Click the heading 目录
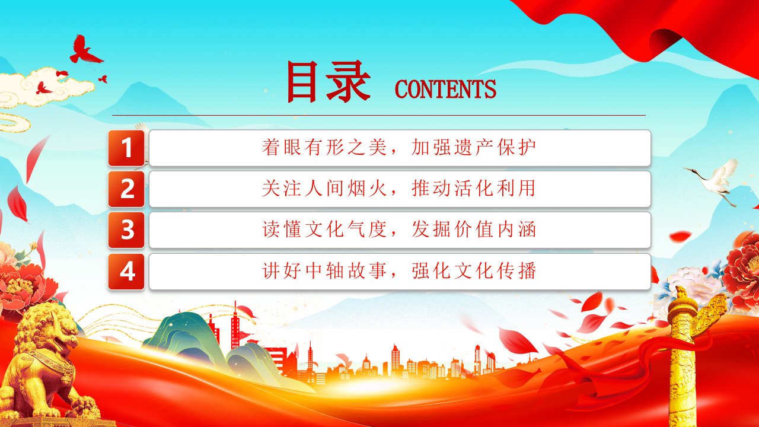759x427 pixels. pyautogui.click(x=328, y=82)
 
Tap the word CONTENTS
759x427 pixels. pyautogui.click(x=445, y=89)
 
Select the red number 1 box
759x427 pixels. pyautogui.click(x=126, y=148)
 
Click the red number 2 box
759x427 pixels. pyautogui.click(x=126, y=189)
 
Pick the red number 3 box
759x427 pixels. pyautogui.click(x=126, y=230)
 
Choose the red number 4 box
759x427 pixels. pyautogui.click(x=126, y=272)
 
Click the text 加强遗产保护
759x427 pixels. pyautogui.click(x=474, y=148)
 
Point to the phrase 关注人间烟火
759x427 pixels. pyautogui.click(x=324, y=189)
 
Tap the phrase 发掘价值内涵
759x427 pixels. pyautogui.click(x=474, y=230)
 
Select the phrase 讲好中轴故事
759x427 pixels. pyautogui.click(x=324, y=271)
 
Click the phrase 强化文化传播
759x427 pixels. pyautogui.click(x=474, y=271)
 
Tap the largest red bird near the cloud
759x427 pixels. pyautogui.click(x=85, y=50)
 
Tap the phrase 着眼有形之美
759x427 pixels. pyautogui.click(x=324, y=148)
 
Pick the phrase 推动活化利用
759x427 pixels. pyautogui.click(x=474, y=189)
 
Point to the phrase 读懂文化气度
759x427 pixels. pyautogui.click(x=324, y=230)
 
